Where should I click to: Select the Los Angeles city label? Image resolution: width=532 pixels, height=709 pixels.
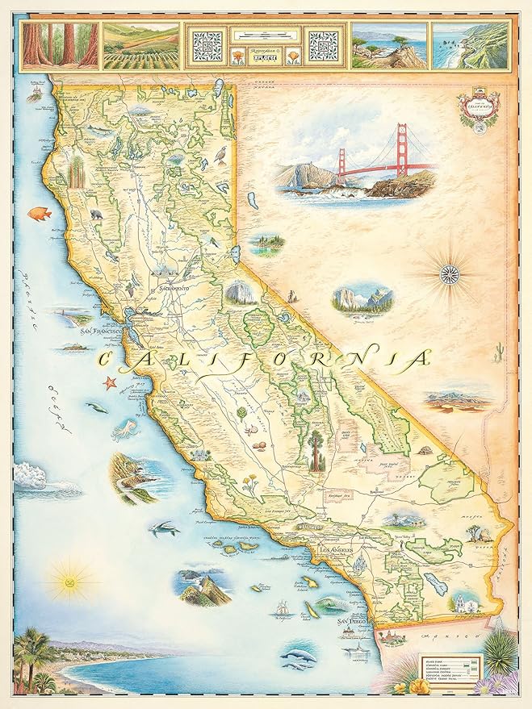pyautogui.click(x=337, y=551)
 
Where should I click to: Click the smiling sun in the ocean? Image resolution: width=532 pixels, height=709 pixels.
pyautogui.click(x=68, y=580)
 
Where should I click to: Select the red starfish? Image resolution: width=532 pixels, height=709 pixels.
pyautogui.click(x=110, y=382)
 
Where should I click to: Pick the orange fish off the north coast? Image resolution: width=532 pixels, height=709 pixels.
pyautogui.click(x=39, y=214)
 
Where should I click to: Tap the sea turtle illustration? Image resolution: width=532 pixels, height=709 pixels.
pyautogui.click(x=163, y=529)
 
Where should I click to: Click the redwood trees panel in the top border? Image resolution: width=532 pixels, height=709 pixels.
pyautogui.click(x=60, y=44)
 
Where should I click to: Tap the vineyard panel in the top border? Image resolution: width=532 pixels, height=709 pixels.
pyautogui.click(x=140, y=44)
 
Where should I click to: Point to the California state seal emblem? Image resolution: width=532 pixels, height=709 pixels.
pyautogui.click(x=475, y=107)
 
